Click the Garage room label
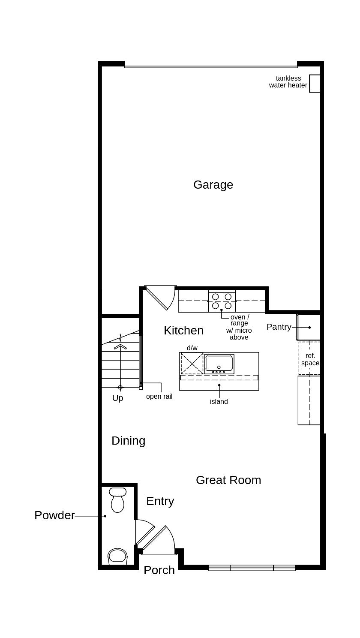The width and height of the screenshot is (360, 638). pos(213,184)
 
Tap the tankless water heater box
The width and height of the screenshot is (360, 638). pos(315,84)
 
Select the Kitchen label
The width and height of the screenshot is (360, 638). pos(183,331)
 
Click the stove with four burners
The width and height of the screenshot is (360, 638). pos(222,301)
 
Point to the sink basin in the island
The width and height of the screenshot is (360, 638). pos(219,363)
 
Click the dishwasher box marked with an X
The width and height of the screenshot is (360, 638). pos(192,364)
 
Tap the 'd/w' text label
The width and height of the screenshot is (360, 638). pos(192,348)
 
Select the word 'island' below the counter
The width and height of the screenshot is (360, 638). pos(219,402)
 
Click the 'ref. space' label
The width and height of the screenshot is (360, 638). pos(310,359)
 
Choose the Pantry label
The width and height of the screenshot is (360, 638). pos(279,327)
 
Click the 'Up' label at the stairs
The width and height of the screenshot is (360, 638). pos(117,398)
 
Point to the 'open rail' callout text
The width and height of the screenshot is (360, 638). pos(159,397)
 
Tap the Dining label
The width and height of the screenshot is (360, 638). pos(128,441)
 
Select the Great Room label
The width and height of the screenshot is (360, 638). pos(228,480)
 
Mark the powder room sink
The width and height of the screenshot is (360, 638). pos(117,556)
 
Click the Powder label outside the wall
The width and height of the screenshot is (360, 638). pos(54,515)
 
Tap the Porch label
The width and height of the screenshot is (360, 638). pos(159,570)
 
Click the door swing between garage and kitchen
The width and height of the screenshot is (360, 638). pos(161,297)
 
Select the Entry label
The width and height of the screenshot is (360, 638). pos(160,501)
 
